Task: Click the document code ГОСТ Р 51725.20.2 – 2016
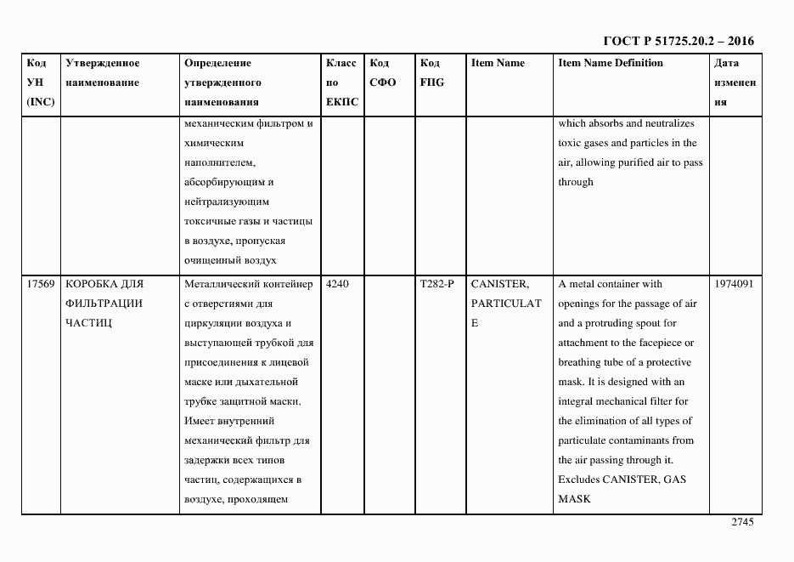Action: [679, 41]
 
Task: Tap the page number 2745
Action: [742, 522]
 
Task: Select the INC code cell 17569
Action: [42, 284]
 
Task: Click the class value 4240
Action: [337, 284]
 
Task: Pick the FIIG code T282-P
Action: [437, 284]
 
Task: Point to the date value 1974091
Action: [734, 284]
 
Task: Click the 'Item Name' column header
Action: [498, 63]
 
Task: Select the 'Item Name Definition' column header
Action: [611, 63]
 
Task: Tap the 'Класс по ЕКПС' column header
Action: [341, 82]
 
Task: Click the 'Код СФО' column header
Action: [382, 73]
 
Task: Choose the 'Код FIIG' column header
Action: [431, 73]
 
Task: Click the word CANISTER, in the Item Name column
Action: [500, 284]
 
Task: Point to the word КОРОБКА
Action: [92, 284]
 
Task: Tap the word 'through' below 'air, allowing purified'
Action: [576, 182]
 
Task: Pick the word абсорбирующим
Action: [222, 182]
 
